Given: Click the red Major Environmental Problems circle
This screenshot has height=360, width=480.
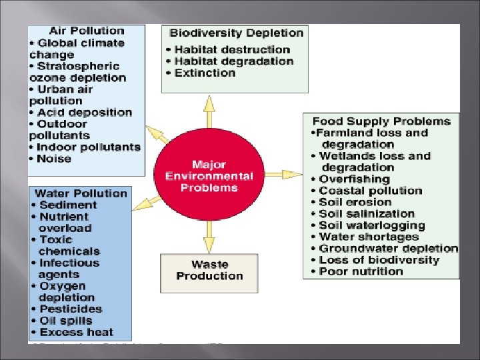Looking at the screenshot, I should tap(209, 176).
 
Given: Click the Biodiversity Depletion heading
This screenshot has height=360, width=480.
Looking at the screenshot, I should tap(236, 33).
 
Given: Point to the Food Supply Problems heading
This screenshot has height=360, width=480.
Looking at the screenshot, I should tap(381, 121).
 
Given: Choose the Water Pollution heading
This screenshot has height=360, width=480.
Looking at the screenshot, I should tap(81, 193).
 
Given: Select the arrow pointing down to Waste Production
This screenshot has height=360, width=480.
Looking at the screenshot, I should tap(209, 237).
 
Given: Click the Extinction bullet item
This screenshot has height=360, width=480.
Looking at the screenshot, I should tap(204, 73).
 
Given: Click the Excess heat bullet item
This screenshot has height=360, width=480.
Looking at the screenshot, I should tap(76, 332).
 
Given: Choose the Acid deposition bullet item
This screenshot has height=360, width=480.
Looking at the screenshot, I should tap(84, 112).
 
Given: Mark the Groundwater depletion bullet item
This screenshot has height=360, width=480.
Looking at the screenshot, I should tap(387, 249).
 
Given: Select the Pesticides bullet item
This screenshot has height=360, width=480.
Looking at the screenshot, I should tap(71, 309).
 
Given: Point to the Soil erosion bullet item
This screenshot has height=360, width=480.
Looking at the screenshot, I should tap(354, 202).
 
